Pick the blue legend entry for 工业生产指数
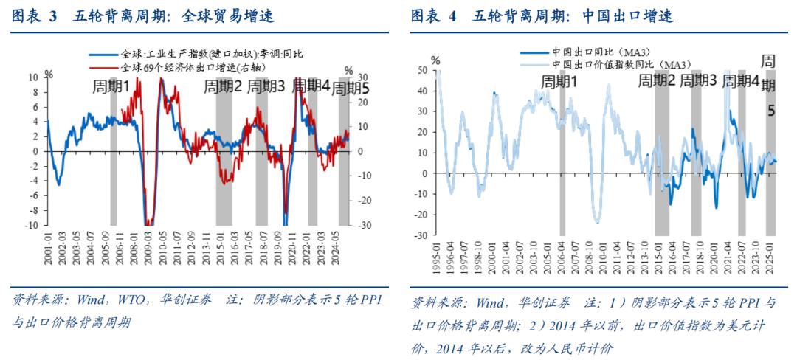204,55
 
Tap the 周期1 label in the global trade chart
111,87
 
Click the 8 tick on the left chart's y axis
33,91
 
